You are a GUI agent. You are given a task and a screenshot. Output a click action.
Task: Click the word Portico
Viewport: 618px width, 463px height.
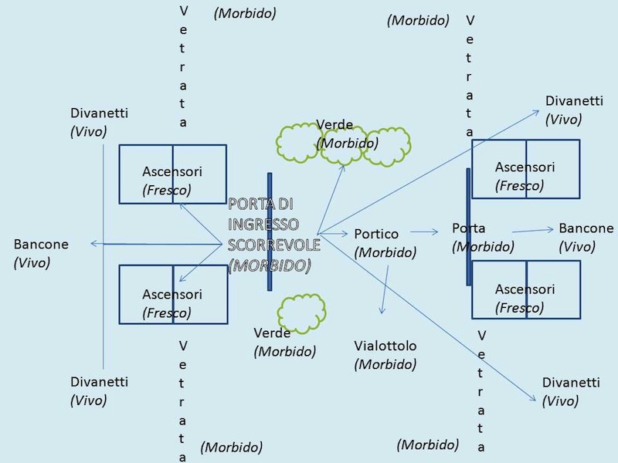(376, 234)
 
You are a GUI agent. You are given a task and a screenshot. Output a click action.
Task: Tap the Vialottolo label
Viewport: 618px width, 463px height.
(385, 345)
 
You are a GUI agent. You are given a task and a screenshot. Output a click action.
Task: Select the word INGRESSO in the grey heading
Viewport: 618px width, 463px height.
(263, 225)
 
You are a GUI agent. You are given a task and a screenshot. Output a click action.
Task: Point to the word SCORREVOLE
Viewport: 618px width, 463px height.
(273, 245)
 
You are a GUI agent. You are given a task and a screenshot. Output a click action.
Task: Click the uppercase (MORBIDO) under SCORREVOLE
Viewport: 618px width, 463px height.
(270, 265)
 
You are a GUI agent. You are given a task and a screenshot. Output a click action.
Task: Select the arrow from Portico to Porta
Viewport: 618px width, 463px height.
(424, 231)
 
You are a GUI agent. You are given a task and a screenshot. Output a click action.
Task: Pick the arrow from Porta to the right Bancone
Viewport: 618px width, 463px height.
(532, 230)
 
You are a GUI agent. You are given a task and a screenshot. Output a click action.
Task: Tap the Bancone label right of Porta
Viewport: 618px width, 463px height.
(586, 228)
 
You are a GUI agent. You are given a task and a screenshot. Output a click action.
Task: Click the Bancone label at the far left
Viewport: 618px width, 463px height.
(41, 245)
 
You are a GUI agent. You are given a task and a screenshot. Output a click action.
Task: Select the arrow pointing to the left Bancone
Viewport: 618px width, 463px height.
(154, 244)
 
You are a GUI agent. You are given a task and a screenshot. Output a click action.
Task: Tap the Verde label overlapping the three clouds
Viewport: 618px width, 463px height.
(334, 125)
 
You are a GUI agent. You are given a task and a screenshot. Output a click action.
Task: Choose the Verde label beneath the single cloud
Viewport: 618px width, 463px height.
(272, 333)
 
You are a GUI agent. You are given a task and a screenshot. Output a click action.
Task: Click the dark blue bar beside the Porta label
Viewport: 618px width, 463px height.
(469, 227)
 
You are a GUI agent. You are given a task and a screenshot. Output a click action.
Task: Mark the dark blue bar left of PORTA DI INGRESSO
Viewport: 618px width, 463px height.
(270, 231)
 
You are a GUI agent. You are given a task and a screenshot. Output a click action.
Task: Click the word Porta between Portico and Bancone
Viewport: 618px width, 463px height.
(469, 228)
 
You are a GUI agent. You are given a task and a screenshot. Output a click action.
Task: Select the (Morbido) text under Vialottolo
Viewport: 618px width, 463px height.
(385, 364)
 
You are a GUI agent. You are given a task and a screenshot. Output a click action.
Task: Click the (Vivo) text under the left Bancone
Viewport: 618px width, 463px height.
(32, 263)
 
